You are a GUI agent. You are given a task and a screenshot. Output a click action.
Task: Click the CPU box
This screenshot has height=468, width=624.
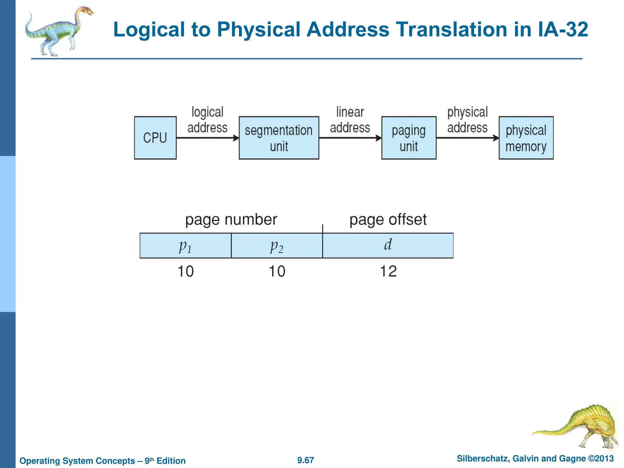tap(155, 138)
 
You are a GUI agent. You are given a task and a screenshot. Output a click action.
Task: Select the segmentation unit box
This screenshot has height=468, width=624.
tap(279, 138)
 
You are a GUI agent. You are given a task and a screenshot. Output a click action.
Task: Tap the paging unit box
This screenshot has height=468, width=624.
tap(409, 138)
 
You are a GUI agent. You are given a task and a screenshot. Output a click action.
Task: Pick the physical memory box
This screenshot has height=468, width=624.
tap(526, 138)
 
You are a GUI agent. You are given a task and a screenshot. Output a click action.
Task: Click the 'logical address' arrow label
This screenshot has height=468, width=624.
tap(207, 120)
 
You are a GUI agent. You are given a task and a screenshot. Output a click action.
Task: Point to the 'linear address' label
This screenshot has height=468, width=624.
tap(350, 120)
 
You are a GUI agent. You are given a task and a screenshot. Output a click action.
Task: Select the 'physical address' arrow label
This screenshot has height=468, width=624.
tap(467, 120)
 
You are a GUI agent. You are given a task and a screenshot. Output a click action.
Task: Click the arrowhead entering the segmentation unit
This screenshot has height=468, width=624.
tap(236, 138)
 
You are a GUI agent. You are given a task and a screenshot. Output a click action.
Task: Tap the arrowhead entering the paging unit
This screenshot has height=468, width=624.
tap(378, 138)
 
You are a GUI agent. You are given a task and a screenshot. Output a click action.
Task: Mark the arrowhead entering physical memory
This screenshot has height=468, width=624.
tap(496, 138)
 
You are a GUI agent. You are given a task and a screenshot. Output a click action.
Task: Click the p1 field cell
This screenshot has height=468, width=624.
tap(185, 246)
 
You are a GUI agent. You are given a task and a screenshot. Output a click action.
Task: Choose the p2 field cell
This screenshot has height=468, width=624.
tap(277, 246)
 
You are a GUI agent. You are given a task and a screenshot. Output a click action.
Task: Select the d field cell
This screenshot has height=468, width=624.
tap(388, 246)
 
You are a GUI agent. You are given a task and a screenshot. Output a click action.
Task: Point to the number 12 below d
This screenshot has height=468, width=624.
tap(388, 271)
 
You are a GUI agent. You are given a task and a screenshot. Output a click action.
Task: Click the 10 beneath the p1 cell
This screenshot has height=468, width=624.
tap(185, 271)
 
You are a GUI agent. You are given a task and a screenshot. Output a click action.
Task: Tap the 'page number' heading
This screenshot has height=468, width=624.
tap(231, 220)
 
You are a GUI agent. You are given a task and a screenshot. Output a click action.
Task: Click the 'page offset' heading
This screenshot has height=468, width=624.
tap(388, 220)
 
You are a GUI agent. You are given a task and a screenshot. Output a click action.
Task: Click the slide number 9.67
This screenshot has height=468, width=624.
tap(306, 460)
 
